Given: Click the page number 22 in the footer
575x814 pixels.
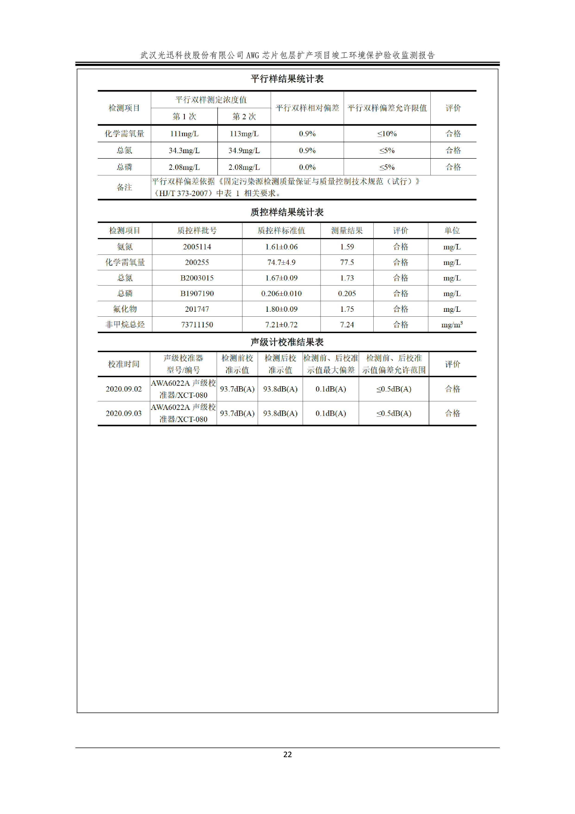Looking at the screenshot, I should point(287,754).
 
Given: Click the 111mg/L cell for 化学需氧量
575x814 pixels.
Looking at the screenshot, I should point(184,134).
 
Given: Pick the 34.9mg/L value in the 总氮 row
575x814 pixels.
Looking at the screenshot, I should point(244,150).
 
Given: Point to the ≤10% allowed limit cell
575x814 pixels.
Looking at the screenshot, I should point(387,134).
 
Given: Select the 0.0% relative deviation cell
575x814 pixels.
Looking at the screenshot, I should point(307,167).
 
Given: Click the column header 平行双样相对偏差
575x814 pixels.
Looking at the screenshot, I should point(307,108).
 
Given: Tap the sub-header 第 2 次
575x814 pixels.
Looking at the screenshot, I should point(244,116).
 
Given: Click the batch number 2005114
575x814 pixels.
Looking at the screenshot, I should point(197,247).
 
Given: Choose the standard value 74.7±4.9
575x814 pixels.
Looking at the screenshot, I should point(281,262).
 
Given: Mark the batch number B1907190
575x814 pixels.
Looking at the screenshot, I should point(197,293).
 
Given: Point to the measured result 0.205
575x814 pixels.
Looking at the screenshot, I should point(347,293).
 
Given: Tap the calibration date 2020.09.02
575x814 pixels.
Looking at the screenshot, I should point(124,389).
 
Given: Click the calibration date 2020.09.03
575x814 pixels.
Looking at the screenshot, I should point(124,413).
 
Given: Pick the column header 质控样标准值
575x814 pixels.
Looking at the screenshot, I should point(281,230).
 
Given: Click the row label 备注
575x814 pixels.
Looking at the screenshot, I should point(124,187).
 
